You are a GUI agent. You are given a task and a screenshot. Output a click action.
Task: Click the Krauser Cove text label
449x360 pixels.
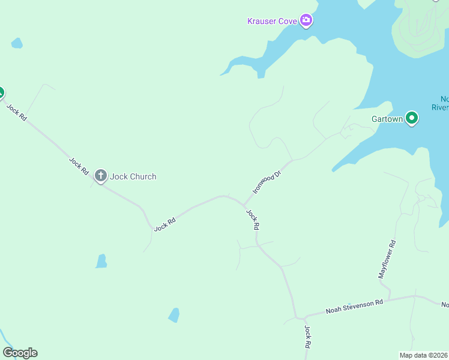pos(273,21)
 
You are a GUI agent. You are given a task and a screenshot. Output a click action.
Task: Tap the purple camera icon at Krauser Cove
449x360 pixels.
pos(307,21)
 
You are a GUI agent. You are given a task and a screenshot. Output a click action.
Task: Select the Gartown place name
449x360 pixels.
pos(387,119)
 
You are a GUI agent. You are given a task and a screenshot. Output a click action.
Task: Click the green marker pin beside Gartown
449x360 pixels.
pos(412,118)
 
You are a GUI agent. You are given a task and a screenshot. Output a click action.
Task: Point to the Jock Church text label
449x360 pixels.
pos(133,176)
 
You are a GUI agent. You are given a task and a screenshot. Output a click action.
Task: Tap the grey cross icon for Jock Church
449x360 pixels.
pos(101,176)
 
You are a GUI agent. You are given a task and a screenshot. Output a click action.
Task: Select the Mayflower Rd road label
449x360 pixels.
pos(387,259)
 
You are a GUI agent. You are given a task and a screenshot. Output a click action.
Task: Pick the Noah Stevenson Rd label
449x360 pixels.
pos(354,307)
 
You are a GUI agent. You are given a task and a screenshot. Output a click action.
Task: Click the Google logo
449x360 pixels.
pos(20,353)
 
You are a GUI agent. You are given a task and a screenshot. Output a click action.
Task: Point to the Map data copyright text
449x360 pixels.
pos(424,355)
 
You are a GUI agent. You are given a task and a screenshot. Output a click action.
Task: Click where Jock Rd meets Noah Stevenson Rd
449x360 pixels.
pos(297,317)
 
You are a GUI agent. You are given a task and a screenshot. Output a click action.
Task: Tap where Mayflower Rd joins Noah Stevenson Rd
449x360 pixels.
pos(391,299)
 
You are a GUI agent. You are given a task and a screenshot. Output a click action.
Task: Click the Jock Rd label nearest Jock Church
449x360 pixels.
pos(79,166)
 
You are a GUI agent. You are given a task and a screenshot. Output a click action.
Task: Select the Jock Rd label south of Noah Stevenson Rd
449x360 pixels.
pos(307,337)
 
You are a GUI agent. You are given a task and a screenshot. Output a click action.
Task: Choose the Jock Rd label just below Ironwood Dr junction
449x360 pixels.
pos(253,220)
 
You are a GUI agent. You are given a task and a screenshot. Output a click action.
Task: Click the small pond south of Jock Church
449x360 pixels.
pos(101,261)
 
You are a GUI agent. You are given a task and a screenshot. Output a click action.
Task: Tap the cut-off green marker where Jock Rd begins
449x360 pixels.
pos(1,93)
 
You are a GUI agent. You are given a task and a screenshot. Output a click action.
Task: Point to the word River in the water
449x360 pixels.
pos(441,107)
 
